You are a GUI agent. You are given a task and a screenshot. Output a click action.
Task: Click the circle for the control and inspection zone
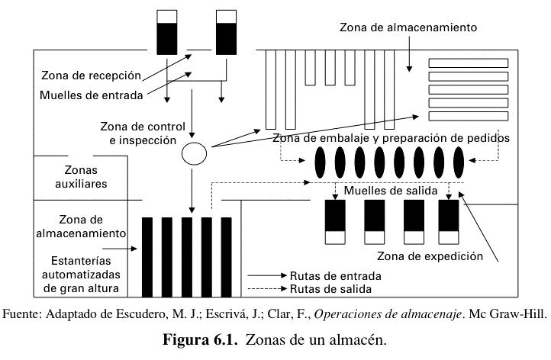(x=194, y=155)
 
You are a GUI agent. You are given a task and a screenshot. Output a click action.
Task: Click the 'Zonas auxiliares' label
(x=75, y=177)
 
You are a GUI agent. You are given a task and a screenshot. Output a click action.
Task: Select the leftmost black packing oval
(x=321, y=161)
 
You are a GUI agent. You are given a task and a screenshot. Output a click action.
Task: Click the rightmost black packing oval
(x=459, y=161)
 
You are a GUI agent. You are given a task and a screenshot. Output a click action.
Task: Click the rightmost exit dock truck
(x=449, y=222)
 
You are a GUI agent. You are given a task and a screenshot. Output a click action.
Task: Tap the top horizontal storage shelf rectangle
(x=461, y=63)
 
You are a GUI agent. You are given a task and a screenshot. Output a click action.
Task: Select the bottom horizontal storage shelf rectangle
(x=461, y=116)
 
